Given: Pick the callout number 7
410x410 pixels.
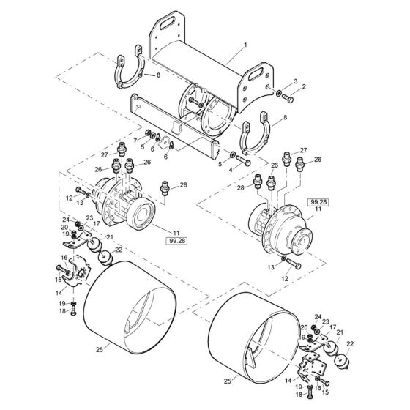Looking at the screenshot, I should (134, 139).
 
